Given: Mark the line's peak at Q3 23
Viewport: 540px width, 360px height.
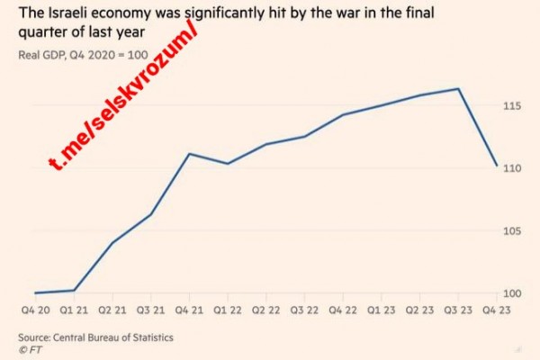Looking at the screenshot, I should pyautogui.click(x=459, y=89).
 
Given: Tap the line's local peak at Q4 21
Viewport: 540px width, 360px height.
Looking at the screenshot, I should pyautogui.click(x=189, y=154).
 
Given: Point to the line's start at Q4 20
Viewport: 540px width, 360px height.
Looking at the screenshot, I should pyautogui.click(x=36, y=292).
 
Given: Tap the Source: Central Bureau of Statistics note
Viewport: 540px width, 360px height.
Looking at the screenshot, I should pyautogui.click(x=95, y=337).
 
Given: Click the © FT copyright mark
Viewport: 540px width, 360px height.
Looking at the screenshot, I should pyautogui.click(x=30, y=349).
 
